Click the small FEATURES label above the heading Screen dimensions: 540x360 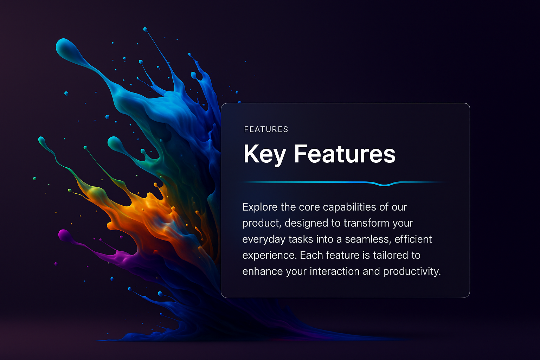coord(266,129)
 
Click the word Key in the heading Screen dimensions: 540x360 coord(265,155)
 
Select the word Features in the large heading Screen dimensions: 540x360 coord(345,154)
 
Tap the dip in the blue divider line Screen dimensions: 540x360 coord(385,185)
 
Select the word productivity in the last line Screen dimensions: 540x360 coord(412,271)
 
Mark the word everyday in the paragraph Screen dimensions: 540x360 coord(264,239)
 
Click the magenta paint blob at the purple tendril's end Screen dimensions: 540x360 coord(64,235)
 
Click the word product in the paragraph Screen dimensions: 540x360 coord(262,223)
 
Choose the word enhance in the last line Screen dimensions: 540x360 coord(263,271)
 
